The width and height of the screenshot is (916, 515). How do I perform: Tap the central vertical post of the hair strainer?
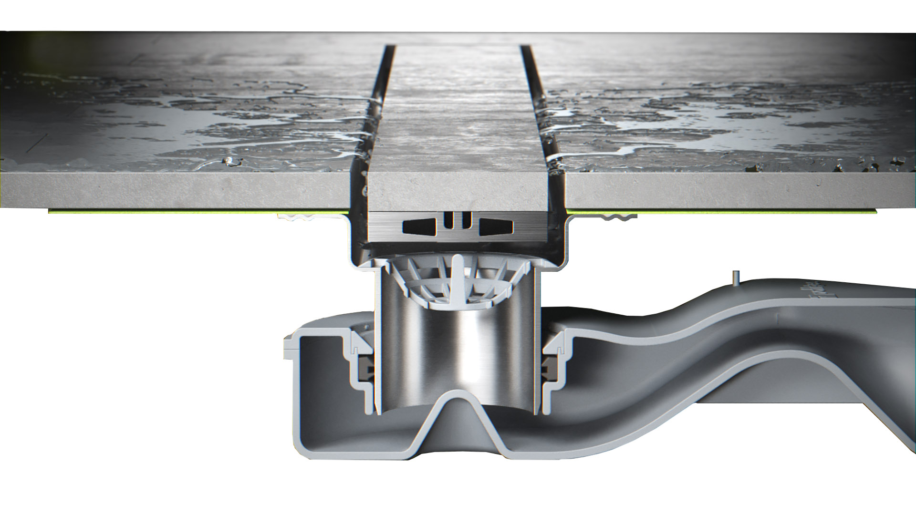tap(457, 277)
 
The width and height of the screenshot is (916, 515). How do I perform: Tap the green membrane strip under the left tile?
tap(191, 211)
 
